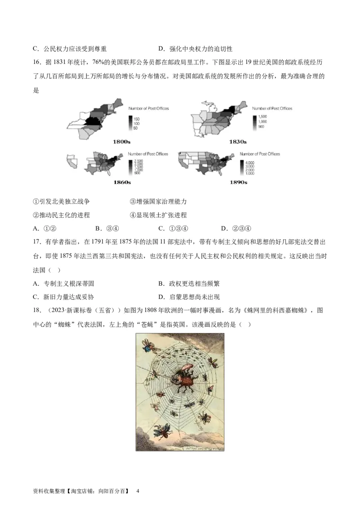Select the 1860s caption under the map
click(x=122, y=182)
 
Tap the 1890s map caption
click(x=238, y=182)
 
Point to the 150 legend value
click(x=137, y=118)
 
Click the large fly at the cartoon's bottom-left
click(x=162, y=431)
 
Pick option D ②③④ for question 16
click(x=236, y=228)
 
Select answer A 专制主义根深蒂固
click(x=63, y=284)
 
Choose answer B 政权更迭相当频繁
click(x=189, y=284)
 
